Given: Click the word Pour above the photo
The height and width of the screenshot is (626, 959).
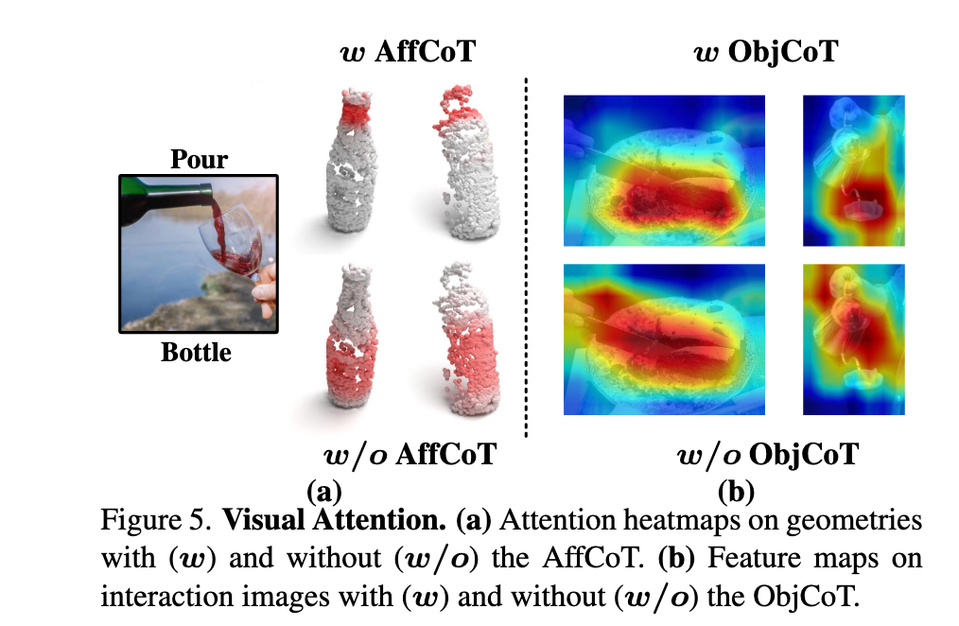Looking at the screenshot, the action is click(x=199, y=159).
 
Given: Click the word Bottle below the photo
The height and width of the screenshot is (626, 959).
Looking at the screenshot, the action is click(x=197, y=352).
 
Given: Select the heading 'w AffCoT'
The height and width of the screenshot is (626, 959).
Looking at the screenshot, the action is click(x=408, y=51).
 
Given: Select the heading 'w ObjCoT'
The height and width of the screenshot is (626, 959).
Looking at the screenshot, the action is click(x=766, y=51).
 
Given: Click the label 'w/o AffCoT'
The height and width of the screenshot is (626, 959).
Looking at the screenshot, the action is click(x=410, y=454).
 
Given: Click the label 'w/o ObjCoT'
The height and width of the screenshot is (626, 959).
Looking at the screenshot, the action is click(x=768, y=454).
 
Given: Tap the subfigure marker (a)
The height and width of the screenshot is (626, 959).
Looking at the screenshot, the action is click(x=323, y=492).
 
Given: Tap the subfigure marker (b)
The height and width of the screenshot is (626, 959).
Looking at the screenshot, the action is click(x=736, y=492).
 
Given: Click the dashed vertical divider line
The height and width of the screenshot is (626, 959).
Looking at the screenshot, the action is click(x=526, y=257).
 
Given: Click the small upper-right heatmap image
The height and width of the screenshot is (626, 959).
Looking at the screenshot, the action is click(x=854, y=170).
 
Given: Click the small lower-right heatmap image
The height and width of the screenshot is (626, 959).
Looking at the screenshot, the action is click(x=854, y=339).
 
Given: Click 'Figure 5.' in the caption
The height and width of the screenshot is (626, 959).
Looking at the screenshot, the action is click(x=156, y=520).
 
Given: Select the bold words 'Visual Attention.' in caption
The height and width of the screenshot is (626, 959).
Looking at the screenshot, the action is click(x=334, y=520).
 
